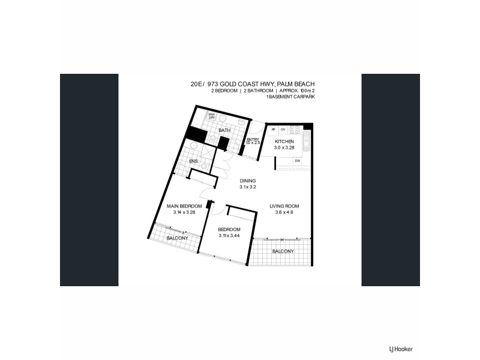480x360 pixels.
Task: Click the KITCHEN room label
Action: pos(284,142)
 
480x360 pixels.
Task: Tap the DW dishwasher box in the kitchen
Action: pos(297,161)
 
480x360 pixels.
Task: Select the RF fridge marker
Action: pos(274,130)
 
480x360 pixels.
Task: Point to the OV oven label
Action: pos(283,130)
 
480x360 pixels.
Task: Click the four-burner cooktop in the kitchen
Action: pos(295,130)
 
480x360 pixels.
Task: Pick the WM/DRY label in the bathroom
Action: pos(212,116)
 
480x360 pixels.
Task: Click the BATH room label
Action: pos(224,130)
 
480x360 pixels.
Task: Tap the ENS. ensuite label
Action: pos(194,161)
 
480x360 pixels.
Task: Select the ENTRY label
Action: pos(253,140)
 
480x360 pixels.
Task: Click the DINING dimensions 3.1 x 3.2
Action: pos(248,187)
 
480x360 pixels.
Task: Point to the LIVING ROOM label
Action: pos(284,206)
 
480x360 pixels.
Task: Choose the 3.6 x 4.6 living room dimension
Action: pos(284,212)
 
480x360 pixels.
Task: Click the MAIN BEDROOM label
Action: pos(184,206)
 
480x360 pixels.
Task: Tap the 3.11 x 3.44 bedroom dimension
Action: pos(229,235)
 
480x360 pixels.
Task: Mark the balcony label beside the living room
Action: pos(283,251)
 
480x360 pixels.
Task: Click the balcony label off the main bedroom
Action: pos(178,238)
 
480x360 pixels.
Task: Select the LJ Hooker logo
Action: pos(401,349)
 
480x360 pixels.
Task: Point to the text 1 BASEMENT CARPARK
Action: pos(290,97)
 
